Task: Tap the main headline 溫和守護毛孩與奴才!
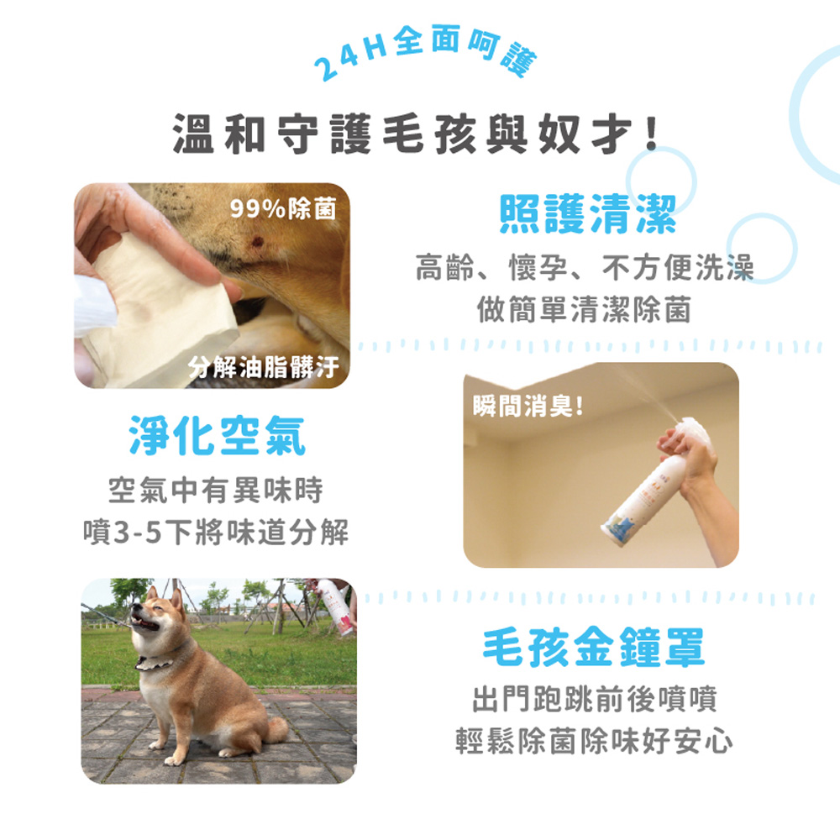(415, 134)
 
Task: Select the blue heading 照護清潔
(587, 213)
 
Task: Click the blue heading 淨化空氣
(218, 435)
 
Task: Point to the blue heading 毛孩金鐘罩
(594, 647)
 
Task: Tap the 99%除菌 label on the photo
(283, 208)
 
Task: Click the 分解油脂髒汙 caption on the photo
(264, 367)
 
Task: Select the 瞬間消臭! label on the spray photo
(528, 406)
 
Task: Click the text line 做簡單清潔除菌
(584, 310)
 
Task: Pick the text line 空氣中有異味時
(216, 490)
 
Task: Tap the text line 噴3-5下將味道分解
(216, 532)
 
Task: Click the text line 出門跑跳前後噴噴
(594, 699)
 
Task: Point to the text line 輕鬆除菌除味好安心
(594, 741)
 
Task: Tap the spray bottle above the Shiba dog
(335, 606)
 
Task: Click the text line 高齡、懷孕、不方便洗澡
(585, 267)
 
